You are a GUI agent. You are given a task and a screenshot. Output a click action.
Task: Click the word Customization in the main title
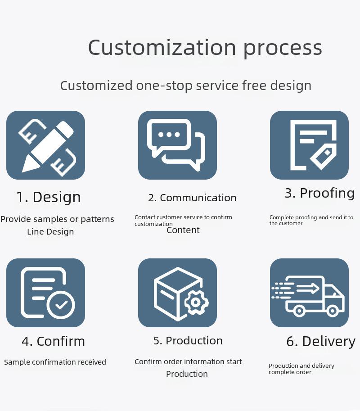pyautogui.click(x=162, y=47)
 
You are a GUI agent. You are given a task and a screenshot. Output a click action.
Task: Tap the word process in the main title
pyautogui.click(x=283, y=49)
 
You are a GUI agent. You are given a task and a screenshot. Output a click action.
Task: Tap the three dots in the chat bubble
pyautogui.click(x=169, y=135)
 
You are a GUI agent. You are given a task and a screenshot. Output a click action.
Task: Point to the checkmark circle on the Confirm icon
pyautogui.click(x=61, y=304)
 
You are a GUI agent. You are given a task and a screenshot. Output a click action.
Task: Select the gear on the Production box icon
pyautogui.click(x=196, y=302)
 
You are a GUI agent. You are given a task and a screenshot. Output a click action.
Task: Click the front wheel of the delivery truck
pyautogui.click(x=333, y=311)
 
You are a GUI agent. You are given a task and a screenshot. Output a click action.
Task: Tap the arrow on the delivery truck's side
pyautogui.click(x=308, y=289)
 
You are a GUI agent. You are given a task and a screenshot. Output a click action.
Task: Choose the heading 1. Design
pyautogui.click(x=49, y=197)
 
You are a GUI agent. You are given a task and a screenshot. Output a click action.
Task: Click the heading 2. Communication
pyautogui.click(x=192, y=198)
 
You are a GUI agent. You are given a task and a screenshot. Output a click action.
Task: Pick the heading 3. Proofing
pyautogui.click(x=319, y=194)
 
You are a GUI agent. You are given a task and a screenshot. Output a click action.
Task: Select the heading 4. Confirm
pyautogui.click(x=54, y=341)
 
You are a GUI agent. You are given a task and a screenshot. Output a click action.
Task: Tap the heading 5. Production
pyautogui.click(x=188, y=341)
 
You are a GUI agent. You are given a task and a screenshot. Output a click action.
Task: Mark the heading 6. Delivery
pyautogui.click(x=321, y=342)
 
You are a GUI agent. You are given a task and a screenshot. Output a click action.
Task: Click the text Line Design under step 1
pyautogui.click(x=50, y=232)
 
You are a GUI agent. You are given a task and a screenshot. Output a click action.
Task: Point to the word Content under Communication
pyautogui.click(x=183, y=230)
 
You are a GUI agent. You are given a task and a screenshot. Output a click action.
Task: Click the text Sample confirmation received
pyautogui.click(x=55, y=362)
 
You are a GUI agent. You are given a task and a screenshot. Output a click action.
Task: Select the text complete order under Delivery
pyautogui.click(x=290, y=372)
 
